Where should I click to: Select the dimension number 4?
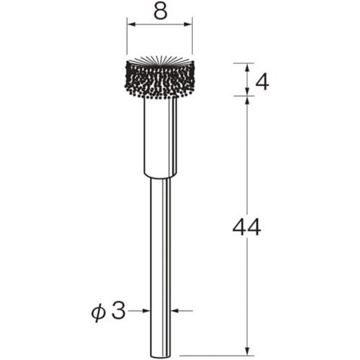click(262, 83)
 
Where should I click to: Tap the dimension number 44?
click(247, 227)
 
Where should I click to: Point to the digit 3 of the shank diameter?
click(119, 311)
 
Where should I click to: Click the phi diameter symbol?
click(99, 312)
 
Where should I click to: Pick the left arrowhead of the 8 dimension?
click(132, 24)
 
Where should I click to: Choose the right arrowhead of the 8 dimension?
click(188, 24)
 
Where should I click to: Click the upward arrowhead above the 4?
click(248, 68)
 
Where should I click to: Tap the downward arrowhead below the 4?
click(248, 91)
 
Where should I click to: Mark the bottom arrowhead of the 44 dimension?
click(248, 350)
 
